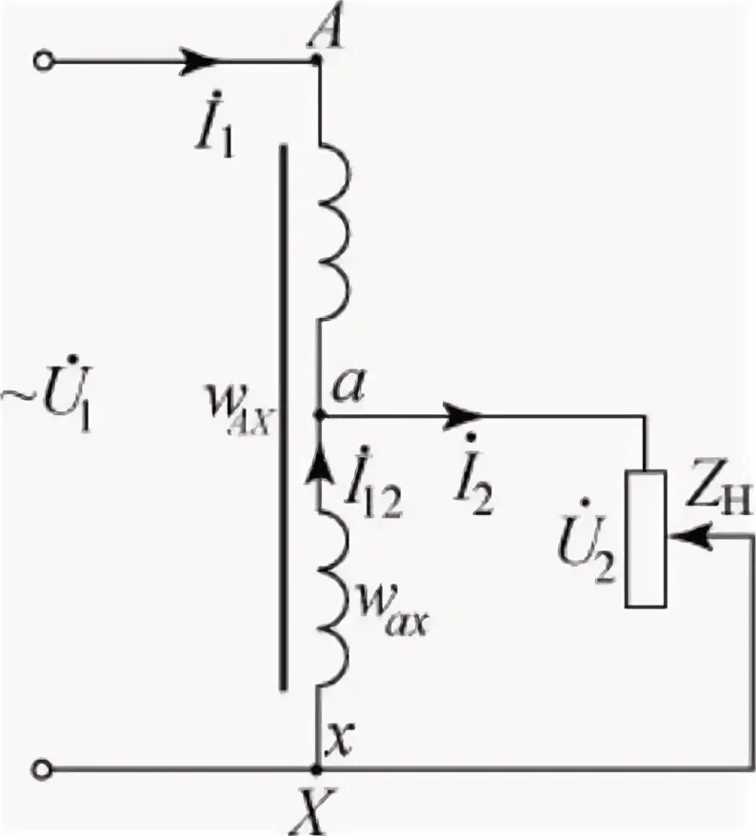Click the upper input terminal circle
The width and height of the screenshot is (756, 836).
click(41, 62)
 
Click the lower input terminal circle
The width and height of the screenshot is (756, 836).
click(41, 767)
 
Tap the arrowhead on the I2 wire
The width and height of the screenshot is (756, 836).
click(467, 416)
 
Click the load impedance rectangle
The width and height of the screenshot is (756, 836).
click(646, 538)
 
